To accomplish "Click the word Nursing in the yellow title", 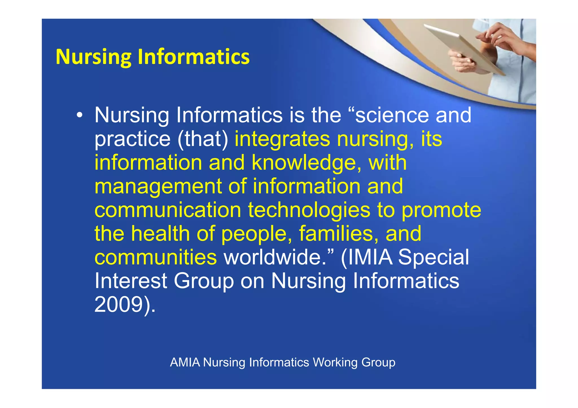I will (93, 57).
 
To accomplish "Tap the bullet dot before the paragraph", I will (80, 115).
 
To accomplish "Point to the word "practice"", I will (132, 139).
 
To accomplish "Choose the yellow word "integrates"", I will (282, 139).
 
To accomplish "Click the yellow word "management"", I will (158, 187).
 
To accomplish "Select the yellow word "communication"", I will (168, 210).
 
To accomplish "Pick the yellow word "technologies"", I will (309, 210).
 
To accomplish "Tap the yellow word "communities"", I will (156, 258).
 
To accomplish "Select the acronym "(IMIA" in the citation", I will (367, 258).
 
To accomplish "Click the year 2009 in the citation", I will (119, 305).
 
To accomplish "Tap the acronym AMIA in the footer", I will (185, 362).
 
